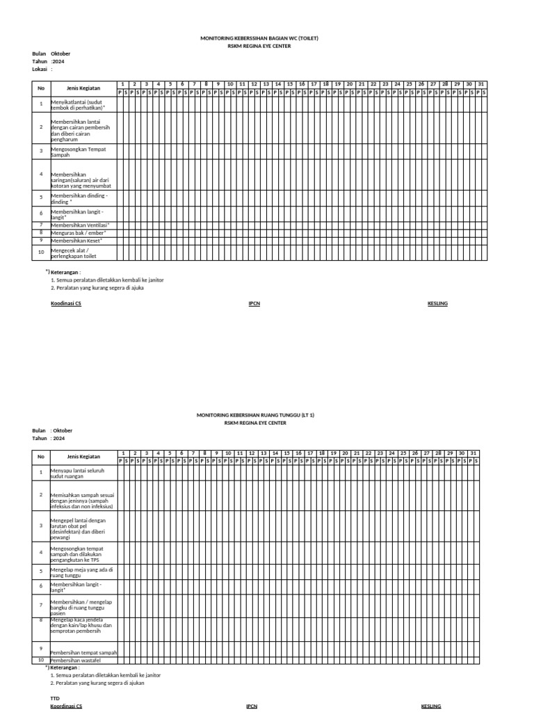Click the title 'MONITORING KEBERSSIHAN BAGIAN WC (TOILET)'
pyautogui.click(x=259, y=38)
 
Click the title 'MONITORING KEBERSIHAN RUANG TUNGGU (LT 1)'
pyautogui.click(x=255, y=414)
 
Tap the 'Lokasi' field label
pyautogui.click(x=39, y=69)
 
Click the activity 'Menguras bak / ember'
pyautogui.click(x=78, y=232)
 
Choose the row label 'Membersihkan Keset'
pyautogui.click(x=76, y=240)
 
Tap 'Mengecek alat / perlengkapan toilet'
pyautogui.click(x=73, y=252)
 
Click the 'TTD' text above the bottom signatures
pyautogui.click(x=55, y=696)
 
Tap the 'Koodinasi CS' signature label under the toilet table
pyautogui.click(x=66, y=304)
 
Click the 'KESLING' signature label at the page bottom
pyautogui.click(x=431, y=706)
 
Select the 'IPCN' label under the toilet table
pyautogui.click(x=254, y=304)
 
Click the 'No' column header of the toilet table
pyautogui.click(x=41, y=88)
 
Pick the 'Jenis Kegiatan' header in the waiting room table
pyautogui.click(x=83, y=457)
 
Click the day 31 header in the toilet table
pyautogui.click(x=480, y=84)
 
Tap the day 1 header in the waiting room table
pyautogui.click(x=122, y=453)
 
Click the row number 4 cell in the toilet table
pyautogui.click(x=41, y=175)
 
